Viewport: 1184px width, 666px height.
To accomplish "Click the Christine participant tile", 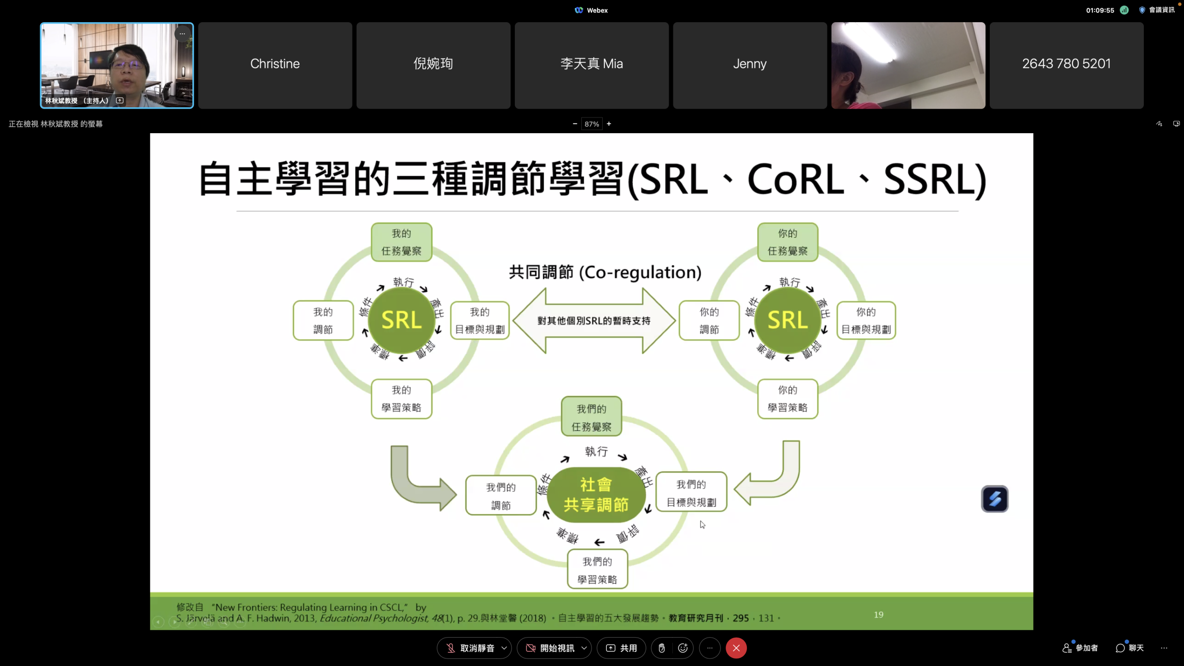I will pyautogui.click(x=275, y=65).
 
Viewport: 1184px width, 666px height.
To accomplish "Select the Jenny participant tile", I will pyautogui.click(x=750, y=65).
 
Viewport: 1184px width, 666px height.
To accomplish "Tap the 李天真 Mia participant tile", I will pyautogui.click(x=592, y=65).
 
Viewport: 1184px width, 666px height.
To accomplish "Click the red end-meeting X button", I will pyautogui.click(x=736, y=648).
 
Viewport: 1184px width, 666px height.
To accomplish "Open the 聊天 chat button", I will pyautogui.click(x=1129, y=648).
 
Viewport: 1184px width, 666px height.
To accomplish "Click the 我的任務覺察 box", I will pyautogui.click(x=401, y=242).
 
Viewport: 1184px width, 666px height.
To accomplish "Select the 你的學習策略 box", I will pyautogui.click(x=788, y=399).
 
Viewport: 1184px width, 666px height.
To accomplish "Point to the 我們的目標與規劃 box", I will pyautogui.click(x=691, y=493).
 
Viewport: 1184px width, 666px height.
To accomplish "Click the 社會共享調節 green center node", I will pyautogui.click(x=596, y=495).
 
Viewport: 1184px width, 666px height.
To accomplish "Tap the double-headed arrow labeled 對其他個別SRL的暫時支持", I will pyautogui.click(x=594, y=321).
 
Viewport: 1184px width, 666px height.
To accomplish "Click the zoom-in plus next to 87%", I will pyautogui.click(x=609, y=124).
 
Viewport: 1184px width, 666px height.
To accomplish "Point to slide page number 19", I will pyautogui.click(x=879, y=615).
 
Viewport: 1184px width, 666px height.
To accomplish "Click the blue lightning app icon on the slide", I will pyautogui.click(x=995, y=499).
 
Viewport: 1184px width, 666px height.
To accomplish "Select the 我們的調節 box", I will pyautogui.click(x=501, y=496).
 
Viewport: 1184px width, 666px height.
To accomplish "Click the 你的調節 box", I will pyautogui.click(x=709, y=321).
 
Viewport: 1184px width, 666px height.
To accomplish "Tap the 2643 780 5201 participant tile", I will pyautogui.click(x=1066, y=65).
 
